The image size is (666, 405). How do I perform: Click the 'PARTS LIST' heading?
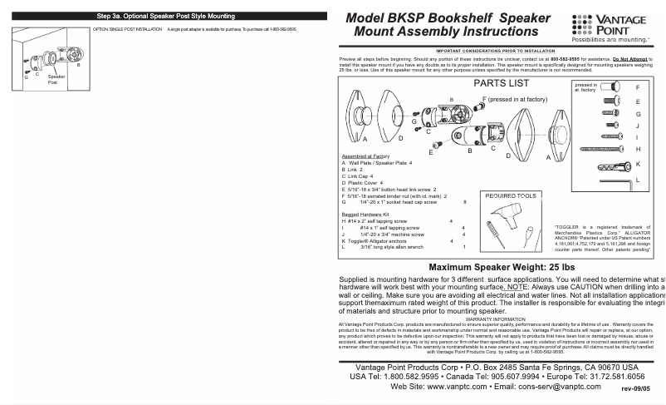(501, 83)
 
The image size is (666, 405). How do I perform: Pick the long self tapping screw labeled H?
(602, 148)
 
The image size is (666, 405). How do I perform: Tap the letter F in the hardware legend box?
(638, 87)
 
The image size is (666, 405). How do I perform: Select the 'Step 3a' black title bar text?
(165, 16)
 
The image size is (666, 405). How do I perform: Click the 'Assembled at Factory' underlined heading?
(365, 156)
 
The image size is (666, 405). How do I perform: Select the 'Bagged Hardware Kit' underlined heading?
(365, 215)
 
